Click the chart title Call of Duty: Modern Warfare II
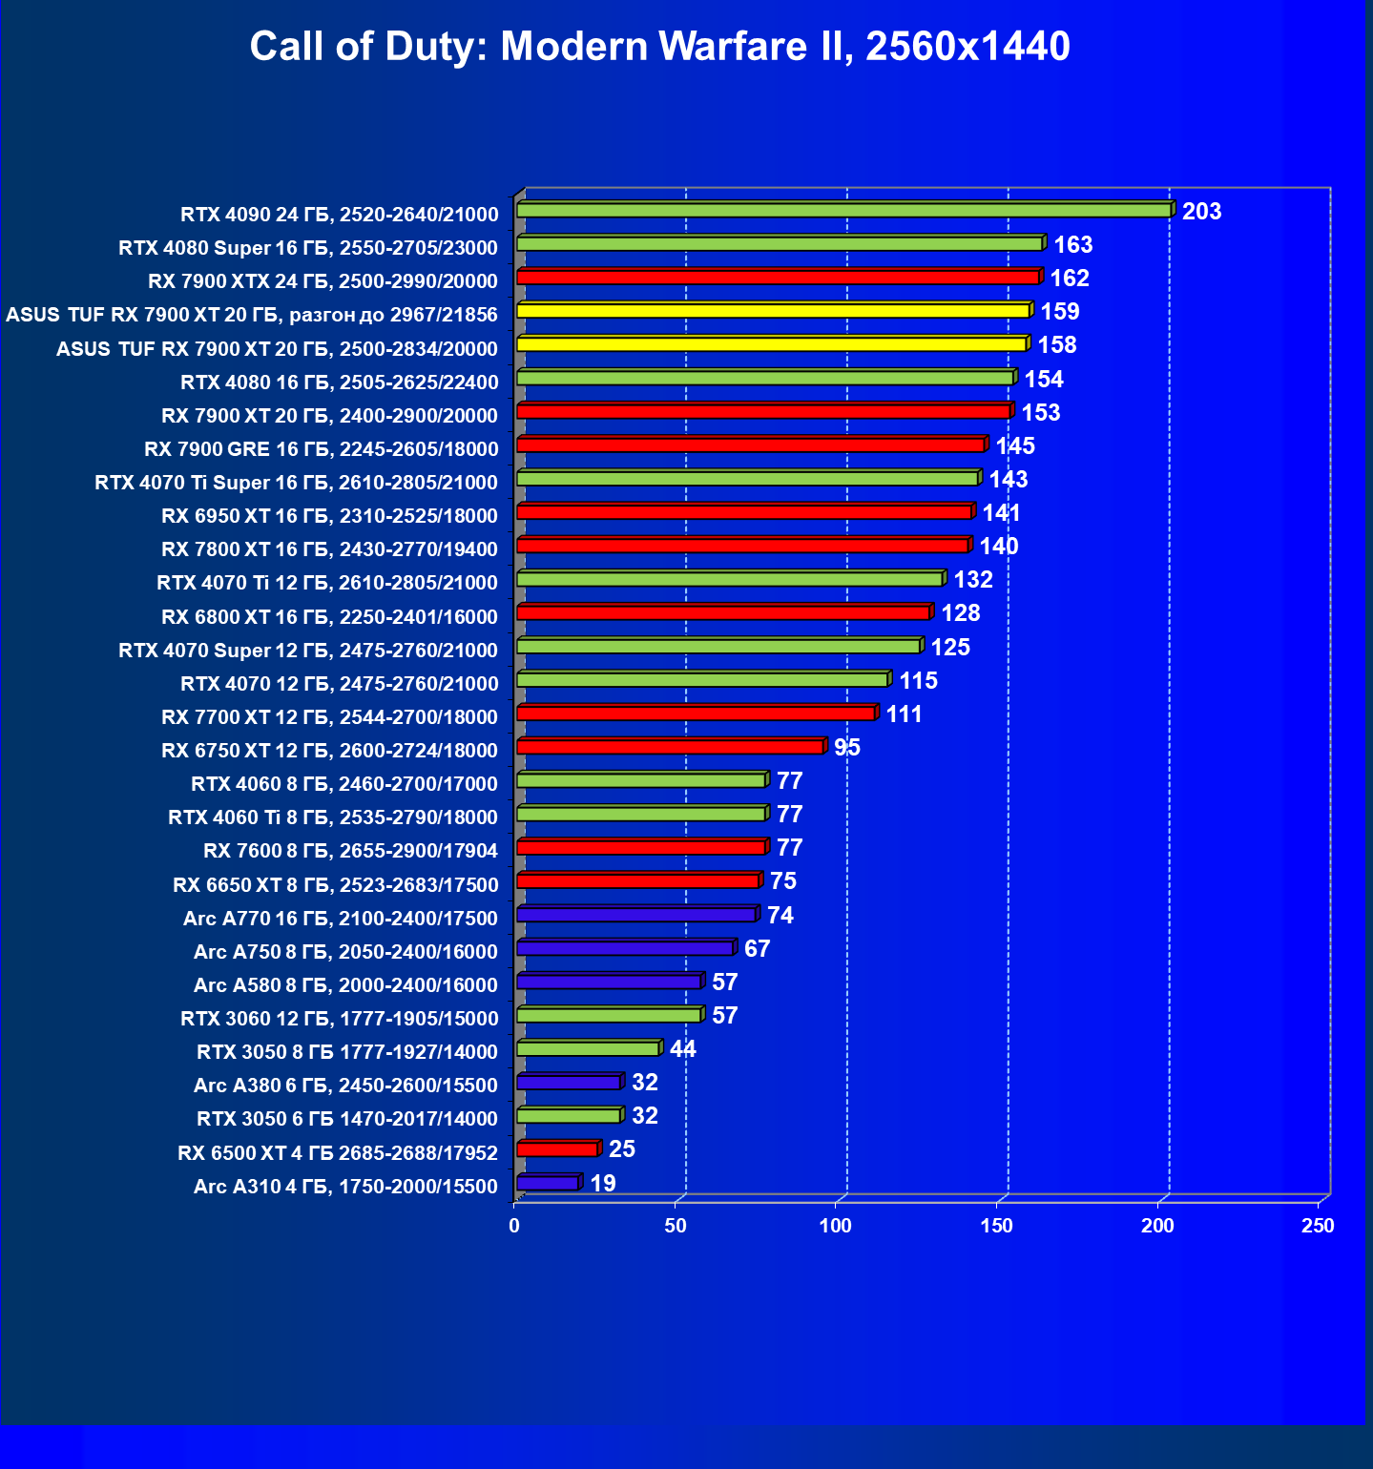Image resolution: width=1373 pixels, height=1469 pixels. (659, 46)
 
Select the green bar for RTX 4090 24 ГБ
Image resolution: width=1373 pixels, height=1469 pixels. (843, 210)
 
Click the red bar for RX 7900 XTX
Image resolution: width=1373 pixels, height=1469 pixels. (778, 278)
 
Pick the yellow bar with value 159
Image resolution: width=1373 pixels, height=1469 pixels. (773, 311)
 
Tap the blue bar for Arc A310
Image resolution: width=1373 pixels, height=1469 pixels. (548, 1184)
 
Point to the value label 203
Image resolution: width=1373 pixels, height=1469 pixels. (1201, 212)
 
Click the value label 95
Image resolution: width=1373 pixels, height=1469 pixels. (847, 748)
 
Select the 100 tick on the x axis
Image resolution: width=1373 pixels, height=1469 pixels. (836, 1226)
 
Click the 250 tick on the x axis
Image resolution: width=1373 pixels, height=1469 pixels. (1318, 1226)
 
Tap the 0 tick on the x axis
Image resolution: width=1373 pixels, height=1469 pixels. (514, 1226)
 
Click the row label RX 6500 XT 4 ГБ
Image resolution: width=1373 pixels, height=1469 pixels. (338, 1153)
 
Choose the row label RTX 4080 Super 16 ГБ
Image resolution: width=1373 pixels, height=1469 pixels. (308, 248)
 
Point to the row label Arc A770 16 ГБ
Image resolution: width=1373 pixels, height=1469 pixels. (341, 919)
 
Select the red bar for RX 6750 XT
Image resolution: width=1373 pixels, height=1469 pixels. (670, 747)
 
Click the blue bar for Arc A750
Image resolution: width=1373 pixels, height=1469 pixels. (625, 948)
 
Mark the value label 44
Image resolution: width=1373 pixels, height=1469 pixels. (683, 1049)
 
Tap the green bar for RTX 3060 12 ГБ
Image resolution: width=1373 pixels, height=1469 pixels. (609, 1015)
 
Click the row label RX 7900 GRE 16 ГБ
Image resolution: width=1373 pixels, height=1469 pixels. (322, 449)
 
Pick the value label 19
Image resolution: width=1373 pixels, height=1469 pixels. (603, 1184)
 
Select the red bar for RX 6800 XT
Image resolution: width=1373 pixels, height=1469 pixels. (723, 612)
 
